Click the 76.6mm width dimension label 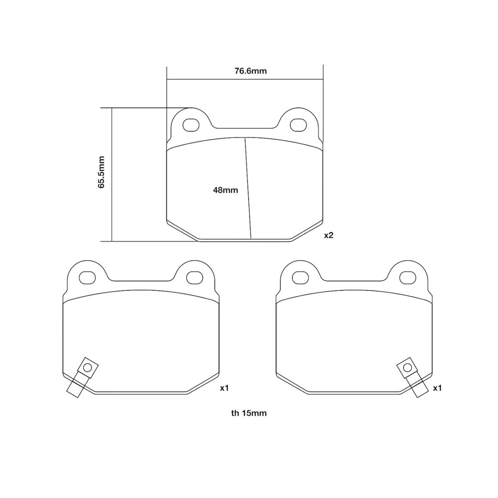(x=250, y=71)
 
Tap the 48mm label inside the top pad (x=225, y=190)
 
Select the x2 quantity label (x=329, y=235)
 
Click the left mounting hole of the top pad (x=191, y=125)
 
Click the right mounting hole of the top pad (x=298, y=125)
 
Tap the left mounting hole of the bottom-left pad (x=87, y=278)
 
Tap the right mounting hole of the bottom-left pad (x=195, y=278)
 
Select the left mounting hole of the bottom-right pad (x=300, y=278)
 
